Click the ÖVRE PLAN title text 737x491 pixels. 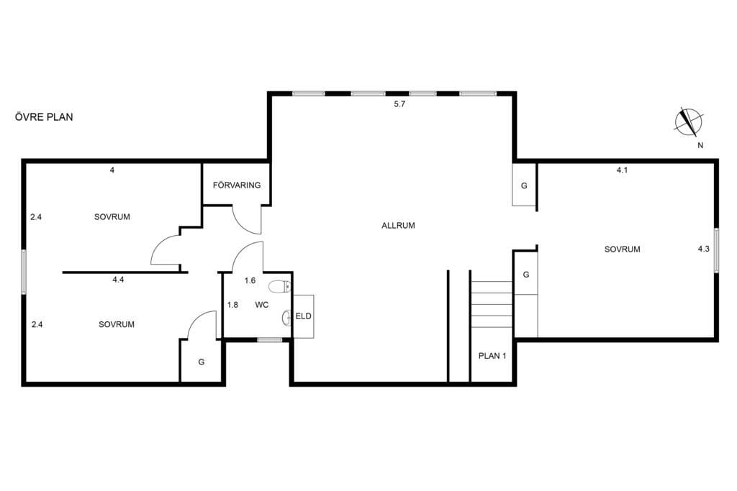coord(44,117)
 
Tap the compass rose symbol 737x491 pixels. coord(689,122)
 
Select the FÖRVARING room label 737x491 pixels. coord(236,185)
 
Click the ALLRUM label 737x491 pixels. coord(398,225)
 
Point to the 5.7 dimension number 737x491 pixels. coord(399,104)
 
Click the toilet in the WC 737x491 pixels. coord(280,286)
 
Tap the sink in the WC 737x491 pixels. coord(287,318)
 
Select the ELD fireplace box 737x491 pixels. coord(304,316)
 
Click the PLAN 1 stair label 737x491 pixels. coord(492,356)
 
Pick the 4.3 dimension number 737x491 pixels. coord(704,249)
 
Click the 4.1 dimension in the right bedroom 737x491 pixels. coord(622,170)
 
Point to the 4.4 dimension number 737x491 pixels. coord(118,280)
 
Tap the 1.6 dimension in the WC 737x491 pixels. coord(250,280)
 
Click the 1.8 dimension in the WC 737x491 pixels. coord(232,305)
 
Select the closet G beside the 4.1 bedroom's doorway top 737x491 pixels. coord(524,185)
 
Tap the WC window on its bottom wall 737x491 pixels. coord(270,340)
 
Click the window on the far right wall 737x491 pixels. coord(716,250)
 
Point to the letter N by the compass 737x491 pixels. coord(700,145)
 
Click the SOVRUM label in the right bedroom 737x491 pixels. coord(622,249)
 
